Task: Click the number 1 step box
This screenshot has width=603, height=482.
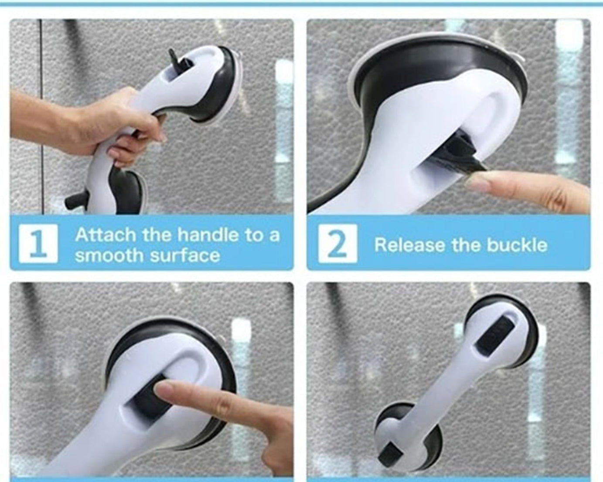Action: (38, 244)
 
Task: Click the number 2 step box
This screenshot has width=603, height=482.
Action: (337, 244)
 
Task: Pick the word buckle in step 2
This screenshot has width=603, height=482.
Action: (517, 245)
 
